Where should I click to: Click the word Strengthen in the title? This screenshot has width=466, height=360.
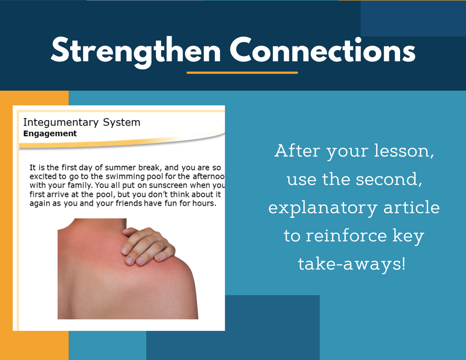[136, 51]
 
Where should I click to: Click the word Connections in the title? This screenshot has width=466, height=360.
[323, 50]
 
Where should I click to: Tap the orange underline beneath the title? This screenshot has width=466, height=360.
[242, 72]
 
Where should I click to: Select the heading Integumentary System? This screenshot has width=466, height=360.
[82, 122]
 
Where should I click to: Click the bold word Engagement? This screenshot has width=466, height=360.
[50, 133]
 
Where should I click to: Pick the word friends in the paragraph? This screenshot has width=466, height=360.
[129, 203]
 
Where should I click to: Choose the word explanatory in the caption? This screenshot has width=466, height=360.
[323, 208]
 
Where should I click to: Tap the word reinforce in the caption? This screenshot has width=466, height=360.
[346, 235]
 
